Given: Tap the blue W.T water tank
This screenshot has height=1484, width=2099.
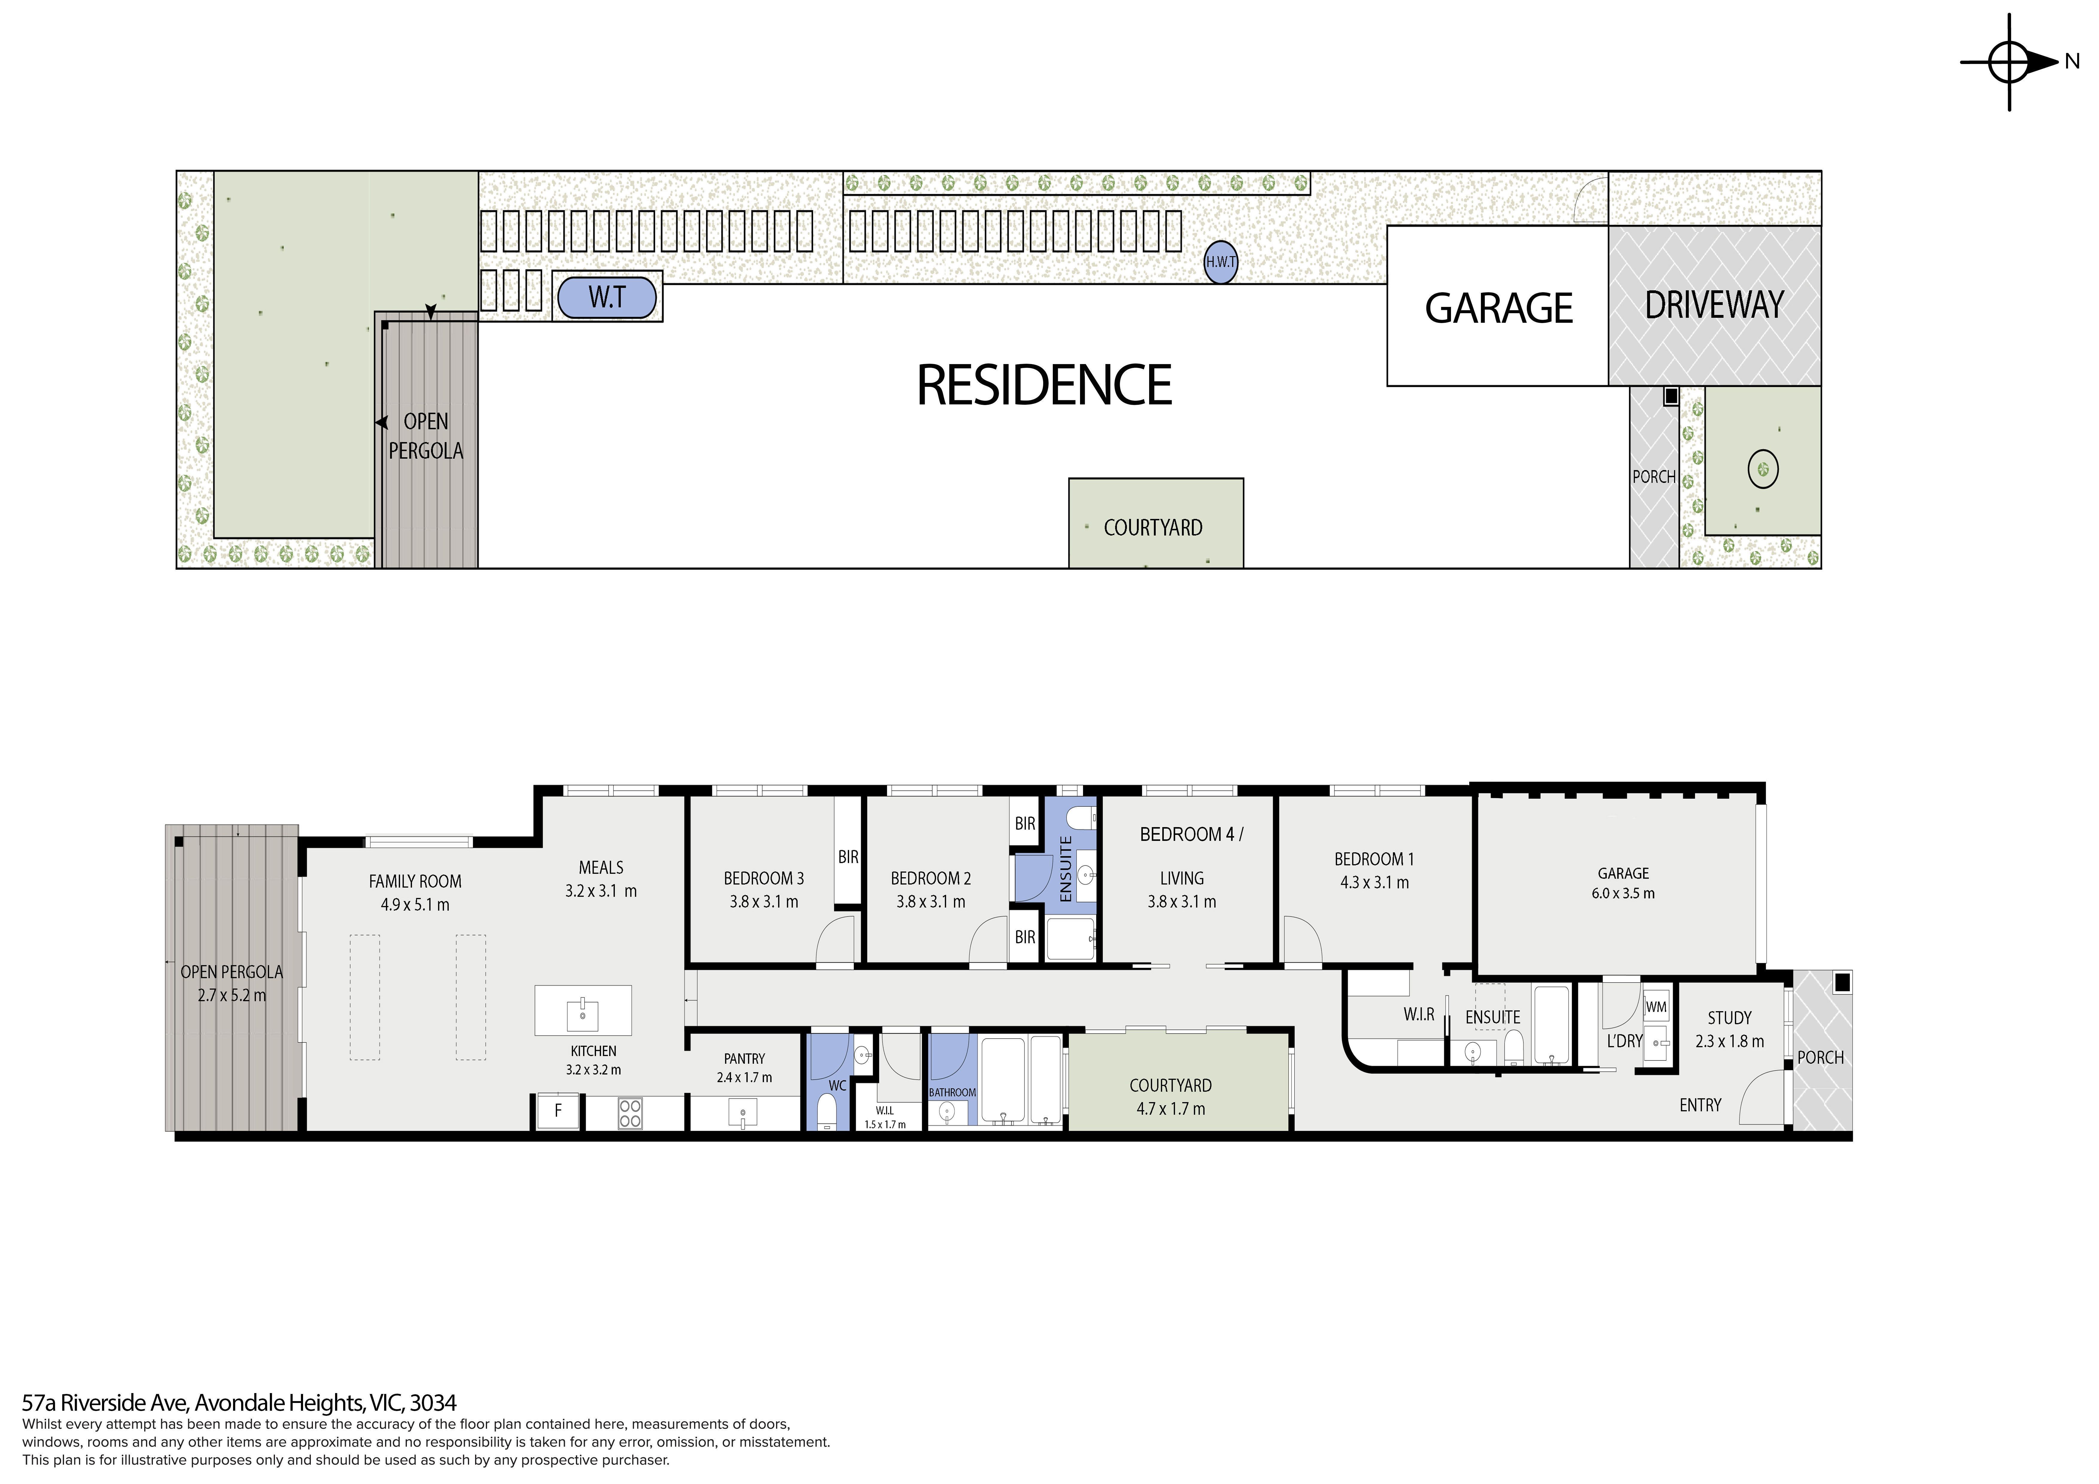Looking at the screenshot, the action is (607, 297).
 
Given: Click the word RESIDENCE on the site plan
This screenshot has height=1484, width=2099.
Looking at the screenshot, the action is (1044, 385).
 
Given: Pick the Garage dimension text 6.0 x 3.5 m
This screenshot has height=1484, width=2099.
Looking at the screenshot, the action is (1623, 893).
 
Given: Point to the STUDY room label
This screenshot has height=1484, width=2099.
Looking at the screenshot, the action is (1729, 1018).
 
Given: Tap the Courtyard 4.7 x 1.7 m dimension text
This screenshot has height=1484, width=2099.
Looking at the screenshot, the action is (1170, 1109).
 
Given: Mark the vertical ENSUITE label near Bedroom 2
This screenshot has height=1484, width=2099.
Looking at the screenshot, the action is (1065, 869).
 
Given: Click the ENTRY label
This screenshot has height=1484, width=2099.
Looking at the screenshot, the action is (1700, 1106).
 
